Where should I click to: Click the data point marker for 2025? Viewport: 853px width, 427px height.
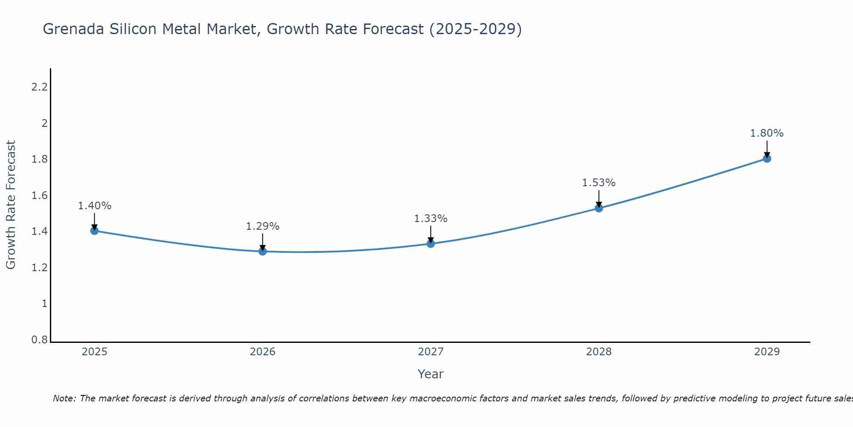95,231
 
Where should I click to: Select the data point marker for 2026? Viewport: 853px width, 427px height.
263,252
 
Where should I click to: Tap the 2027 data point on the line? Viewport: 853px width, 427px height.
431,244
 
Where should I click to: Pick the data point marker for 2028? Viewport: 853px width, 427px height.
599,208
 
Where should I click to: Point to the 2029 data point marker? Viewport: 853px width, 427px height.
767,159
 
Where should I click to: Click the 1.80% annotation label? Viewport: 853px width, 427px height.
767,133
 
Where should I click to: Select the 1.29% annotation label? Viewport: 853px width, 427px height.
263,226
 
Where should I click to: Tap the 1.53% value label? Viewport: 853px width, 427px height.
599,183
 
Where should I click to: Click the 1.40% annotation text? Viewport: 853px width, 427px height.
95,206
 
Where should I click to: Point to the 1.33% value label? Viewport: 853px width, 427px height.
431,219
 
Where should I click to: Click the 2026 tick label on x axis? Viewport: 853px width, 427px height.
263,352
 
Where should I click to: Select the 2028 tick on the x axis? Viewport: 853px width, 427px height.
599,352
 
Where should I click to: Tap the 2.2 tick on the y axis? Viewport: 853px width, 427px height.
39,87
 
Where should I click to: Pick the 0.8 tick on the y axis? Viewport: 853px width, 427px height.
39,340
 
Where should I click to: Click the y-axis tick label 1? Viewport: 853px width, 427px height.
44,304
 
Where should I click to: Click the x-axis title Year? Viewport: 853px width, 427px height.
431,374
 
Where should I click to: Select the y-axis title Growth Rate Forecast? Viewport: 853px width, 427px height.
11,205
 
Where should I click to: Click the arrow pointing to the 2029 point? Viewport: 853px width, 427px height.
767,149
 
